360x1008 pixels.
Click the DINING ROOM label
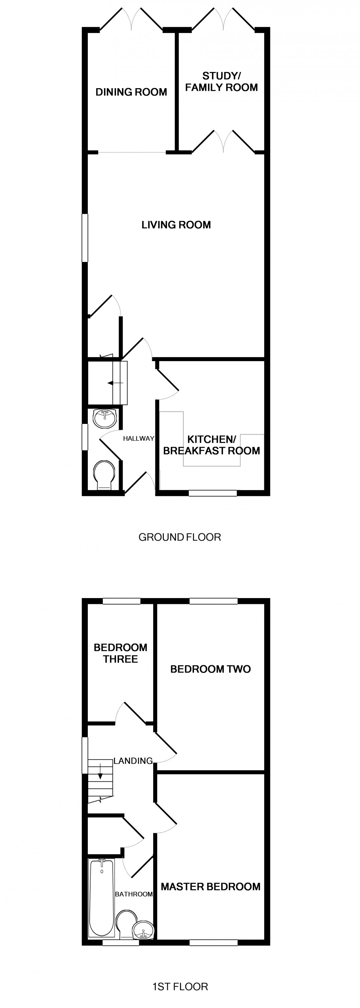(x=131, y=92)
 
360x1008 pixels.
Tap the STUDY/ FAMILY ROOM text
(x=221, y=82)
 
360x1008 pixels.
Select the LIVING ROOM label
(x=176, y=224)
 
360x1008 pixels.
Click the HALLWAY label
(x=138, y=439)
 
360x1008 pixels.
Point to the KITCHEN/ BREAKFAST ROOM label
(x=211, y=445)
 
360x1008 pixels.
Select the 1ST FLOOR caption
(x=180, y=986)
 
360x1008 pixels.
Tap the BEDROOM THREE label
(x=120, y=653)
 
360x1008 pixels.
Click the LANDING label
(x=133, y=761)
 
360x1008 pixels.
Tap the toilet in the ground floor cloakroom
(x=104, y=474)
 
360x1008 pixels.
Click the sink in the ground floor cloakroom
(x=105, y=418)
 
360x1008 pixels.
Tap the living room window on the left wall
(x=84, y=237)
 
